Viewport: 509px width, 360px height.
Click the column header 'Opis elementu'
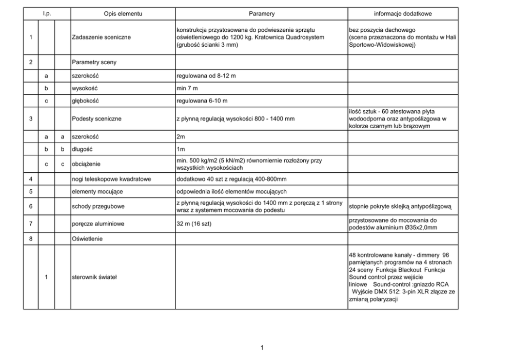(x=123, y=12)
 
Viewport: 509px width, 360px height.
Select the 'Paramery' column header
(x=262, y=12)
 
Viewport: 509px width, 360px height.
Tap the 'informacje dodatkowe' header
(x=402, y=12)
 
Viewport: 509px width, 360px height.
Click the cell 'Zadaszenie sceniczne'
(x=101, y=37)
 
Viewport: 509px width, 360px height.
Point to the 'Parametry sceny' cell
(x=94, y=62)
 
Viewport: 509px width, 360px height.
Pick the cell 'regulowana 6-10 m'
(x=202, y=101)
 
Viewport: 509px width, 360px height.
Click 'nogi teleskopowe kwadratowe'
(x=111, y=179)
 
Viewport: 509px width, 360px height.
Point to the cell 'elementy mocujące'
(x=97, y=192)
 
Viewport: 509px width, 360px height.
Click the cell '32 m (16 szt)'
(x=194, y=224)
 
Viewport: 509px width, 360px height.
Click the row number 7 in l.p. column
(x=31, y=224)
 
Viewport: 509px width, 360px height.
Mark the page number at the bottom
(x=262, y=348)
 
